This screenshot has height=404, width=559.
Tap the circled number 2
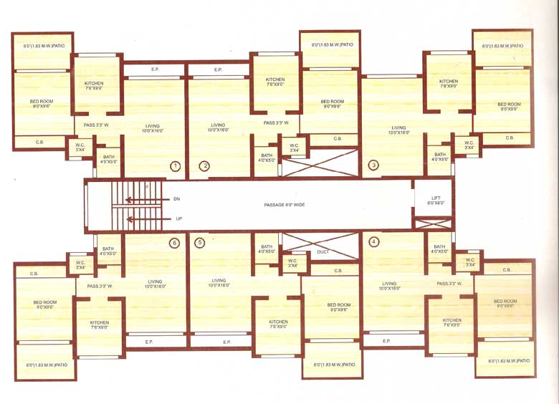[204, 166]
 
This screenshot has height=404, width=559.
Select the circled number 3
[373, 165]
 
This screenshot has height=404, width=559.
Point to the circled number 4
[373, 241]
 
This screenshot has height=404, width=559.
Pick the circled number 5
[199, 243]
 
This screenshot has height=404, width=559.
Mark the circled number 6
[174, 243]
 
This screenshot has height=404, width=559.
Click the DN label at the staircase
[177, 198]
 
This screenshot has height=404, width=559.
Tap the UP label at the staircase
[178, 218]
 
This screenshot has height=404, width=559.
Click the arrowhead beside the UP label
[130, 218]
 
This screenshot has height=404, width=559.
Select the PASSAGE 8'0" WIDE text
[285, 205]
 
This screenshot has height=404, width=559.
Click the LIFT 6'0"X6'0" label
[436, 200]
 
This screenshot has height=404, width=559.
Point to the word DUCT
[322, 252]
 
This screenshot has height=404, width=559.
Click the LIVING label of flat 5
[219, 283]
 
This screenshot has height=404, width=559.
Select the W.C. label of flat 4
[470, 262]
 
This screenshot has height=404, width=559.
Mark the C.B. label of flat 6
[34, 274]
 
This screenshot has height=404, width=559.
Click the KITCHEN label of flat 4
[451, 322]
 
